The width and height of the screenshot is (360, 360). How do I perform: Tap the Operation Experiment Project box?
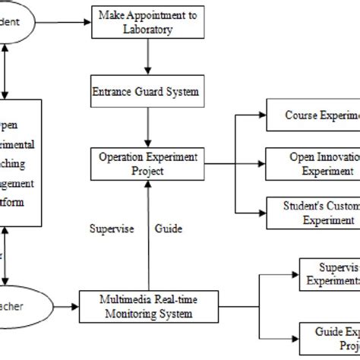pyautogui.click(x=147, y=163)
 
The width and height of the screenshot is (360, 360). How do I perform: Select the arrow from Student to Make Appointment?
pyautogui.click(x=62, y=23)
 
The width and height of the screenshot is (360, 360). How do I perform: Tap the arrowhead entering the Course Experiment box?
pyautogui.click(x=261, y=115)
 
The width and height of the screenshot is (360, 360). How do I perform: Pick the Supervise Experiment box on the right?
pyautogui.click(x=330, y=273)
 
